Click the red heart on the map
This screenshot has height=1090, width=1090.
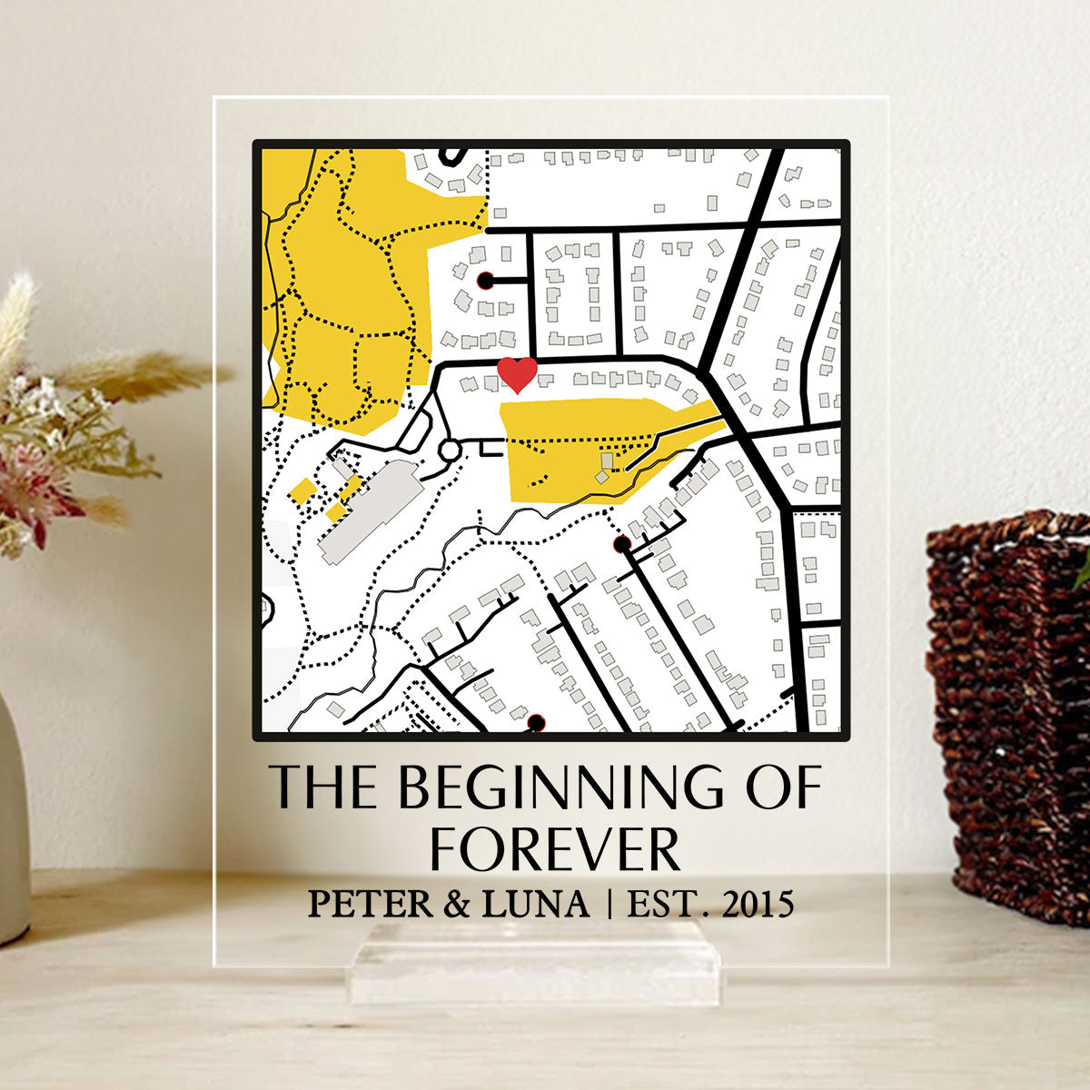518,373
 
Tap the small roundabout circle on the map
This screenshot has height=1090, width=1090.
450,450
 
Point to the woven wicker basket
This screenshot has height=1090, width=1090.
1008,708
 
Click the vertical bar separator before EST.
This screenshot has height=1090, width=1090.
609,904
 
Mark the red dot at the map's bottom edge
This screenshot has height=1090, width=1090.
536,722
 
